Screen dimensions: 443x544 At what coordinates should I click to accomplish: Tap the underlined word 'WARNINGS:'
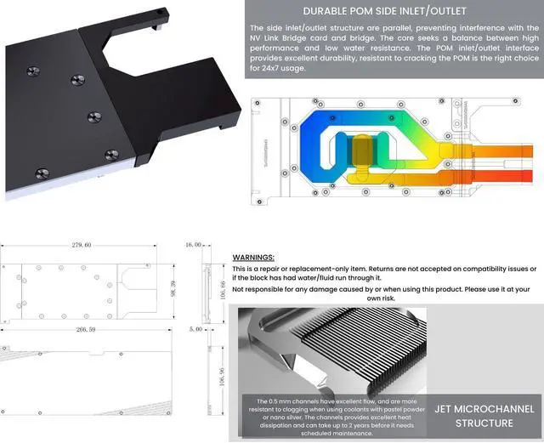[253, 257]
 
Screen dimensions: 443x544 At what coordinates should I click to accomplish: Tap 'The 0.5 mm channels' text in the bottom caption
[289, 400]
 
